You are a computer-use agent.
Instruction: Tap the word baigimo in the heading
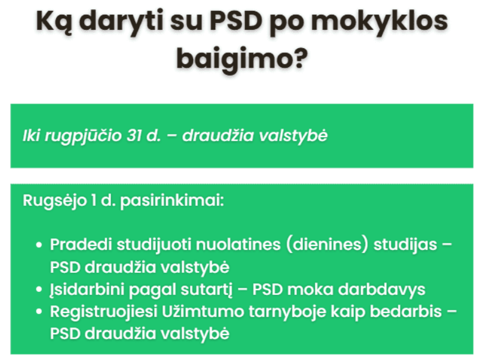[242, 59]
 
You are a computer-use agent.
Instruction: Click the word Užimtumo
[203, 311]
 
